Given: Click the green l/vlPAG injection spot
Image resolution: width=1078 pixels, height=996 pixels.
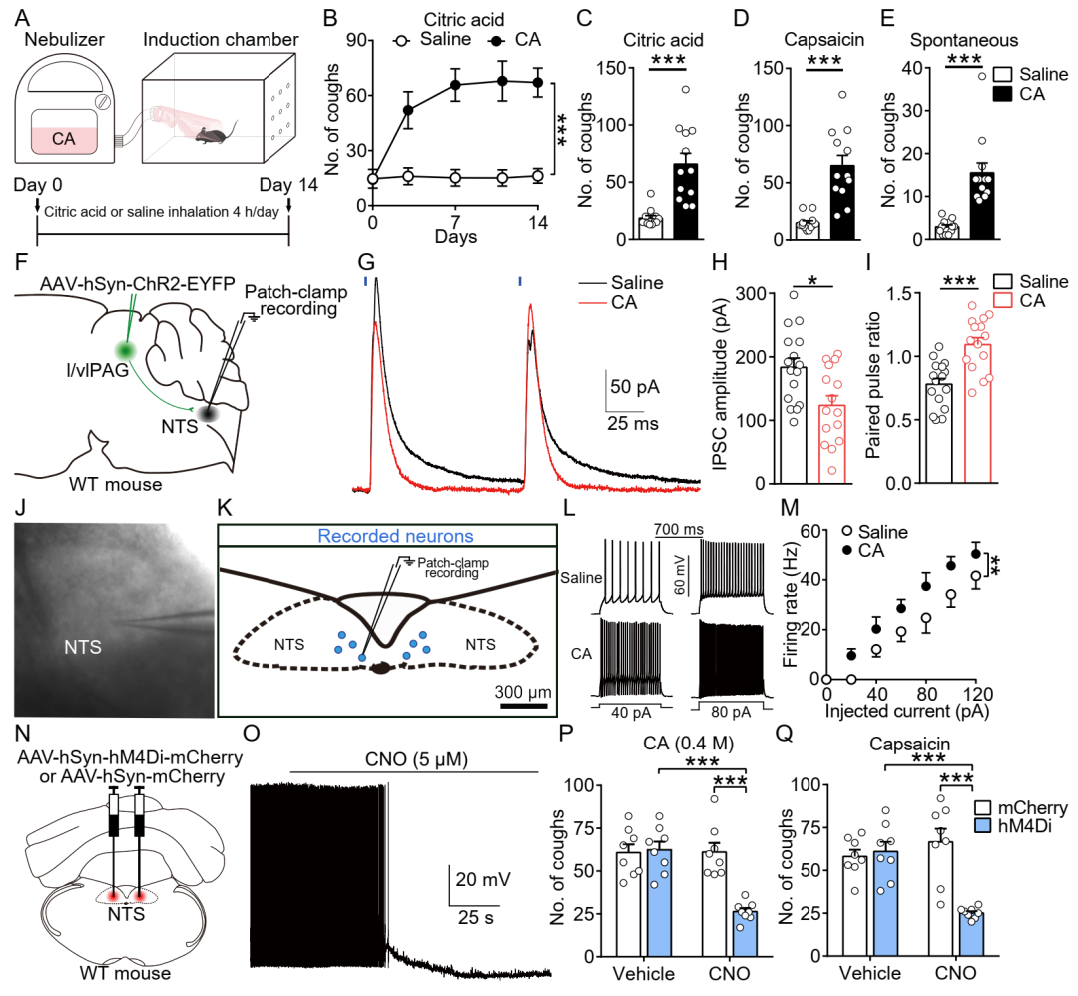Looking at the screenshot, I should tap(126, 350).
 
